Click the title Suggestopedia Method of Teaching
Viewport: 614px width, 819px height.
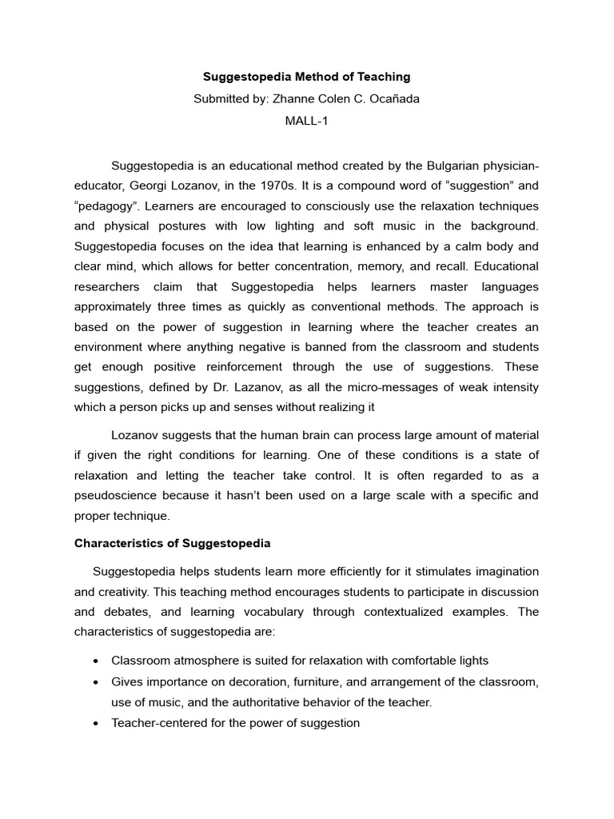point(306,77)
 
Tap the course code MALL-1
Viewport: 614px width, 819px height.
point(306,122)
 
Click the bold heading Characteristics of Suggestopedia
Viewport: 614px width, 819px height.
point(173,543)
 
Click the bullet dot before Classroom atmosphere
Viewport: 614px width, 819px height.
point(96,661)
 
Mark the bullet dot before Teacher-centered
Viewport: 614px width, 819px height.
point(96,724)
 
